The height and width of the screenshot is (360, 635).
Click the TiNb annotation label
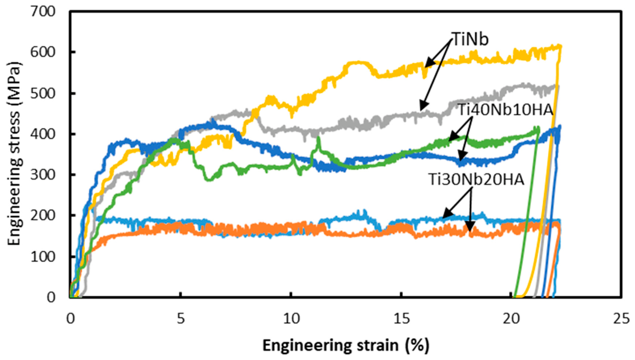(470, 39)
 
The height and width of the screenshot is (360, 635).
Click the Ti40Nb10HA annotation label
(505, 110)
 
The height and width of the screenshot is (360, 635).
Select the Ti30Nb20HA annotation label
(476, 179)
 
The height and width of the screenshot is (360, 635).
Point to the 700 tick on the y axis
(43, 12)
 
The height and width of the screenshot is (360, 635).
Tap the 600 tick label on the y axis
(43, 53)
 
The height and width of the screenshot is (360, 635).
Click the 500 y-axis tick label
(43, 93)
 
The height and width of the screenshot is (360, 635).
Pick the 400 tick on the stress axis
(43, 134)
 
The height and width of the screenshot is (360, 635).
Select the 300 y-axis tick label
(43, 175)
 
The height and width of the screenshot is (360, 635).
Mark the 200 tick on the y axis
(43, 216)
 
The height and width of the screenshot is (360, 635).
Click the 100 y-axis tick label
(43, 256)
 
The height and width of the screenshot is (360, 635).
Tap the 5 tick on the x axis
(181, 319)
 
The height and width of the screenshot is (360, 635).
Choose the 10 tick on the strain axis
(291, 319)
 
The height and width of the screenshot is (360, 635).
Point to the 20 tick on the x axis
(512, 319)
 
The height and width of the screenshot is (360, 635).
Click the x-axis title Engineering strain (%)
(346, 346)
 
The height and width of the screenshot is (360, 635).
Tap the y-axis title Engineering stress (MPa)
(14, 154)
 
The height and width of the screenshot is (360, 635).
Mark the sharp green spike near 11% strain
(319, 138)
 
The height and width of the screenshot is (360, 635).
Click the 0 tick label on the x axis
(70, 319)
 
